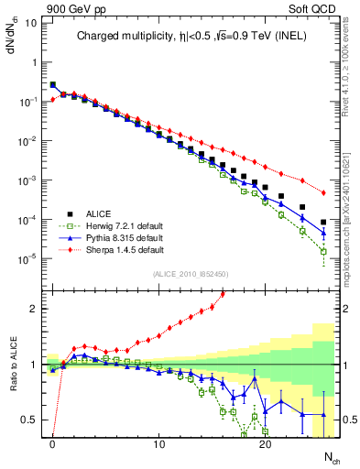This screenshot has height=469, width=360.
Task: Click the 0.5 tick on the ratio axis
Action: point(29,420)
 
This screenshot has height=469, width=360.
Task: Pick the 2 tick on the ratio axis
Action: point(33,309)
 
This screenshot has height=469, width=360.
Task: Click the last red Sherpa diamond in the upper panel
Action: point(323,193)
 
